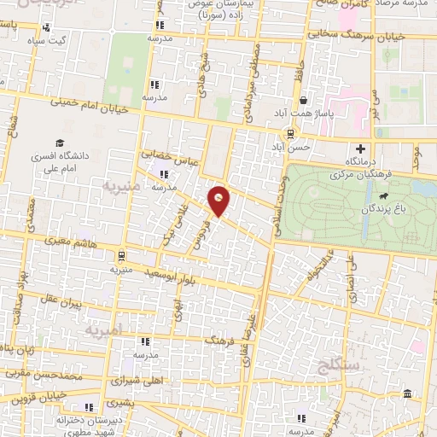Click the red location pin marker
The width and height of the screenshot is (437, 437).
[220, 199]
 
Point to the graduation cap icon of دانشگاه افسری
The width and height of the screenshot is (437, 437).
[60, 143]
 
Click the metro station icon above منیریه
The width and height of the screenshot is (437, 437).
[121, 255]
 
